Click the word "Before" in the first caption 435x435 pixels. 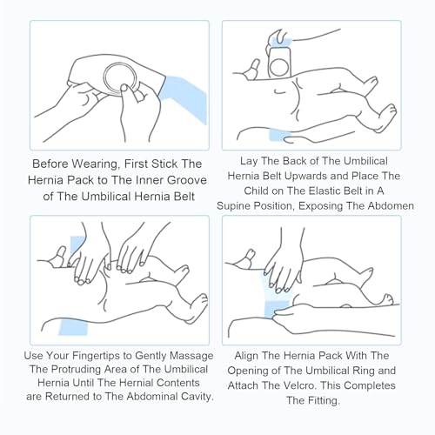click(x=50, y=164)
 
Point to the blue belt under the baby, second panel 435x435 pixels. click(x=279, y=136)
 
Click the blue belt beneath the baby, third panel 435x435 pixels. click(x=73, y=327)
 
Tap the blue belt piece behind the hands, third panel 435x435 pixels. click(x=77, y=245)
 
